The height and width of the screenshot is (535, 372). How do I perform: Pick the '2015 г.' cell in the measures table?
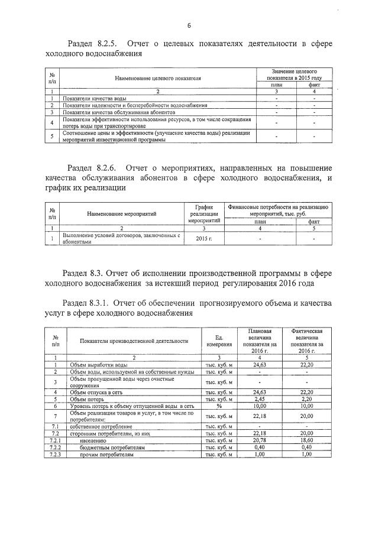203,238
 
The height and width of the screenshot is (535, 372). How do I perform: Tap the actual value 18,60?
306,440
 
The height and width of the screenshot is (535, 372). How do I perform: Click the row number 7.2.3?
55,454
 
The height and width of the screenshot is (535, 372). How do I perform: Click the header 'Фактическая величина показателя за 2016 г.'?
306,340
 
